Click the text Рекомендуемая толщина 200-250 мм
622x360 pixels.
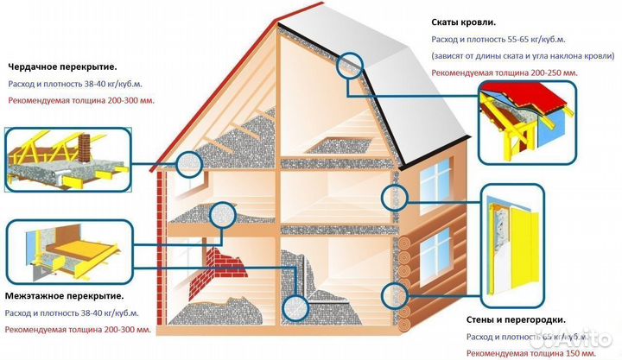coord(505,73)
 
